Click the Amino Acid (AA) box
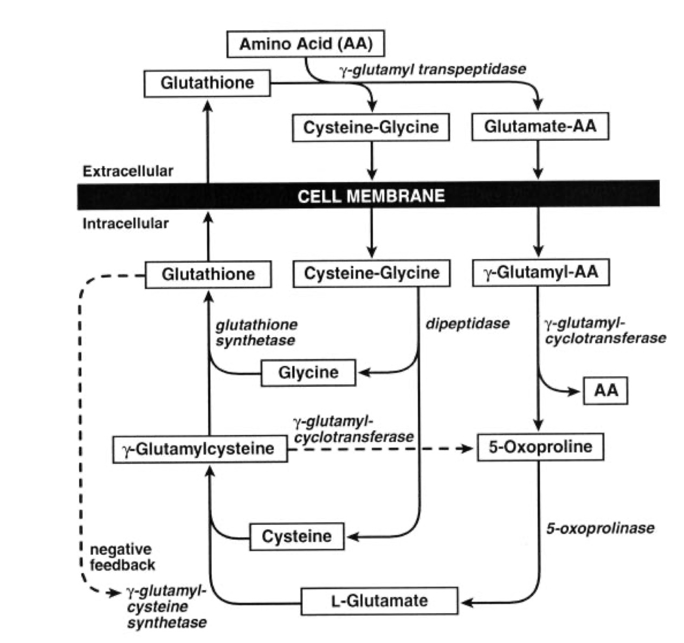(x=305, y=44)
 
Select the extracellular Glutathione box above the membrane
(x=207, y=83)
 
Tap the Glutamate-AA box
(x=540, y=127)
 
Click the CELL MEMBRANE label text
(x=371, y=195)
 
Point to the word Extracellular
(x=128, y=171)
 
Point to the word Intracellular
(x=126, y=223)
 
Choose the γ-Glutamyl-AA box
(x=540, y=272)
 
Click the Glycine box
(x=308, y=372)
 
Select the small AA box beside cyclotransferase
(x=605, y=390)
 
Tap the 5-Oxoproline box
(x=540, y=447)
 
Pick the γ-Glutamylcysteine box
(x=200, y=449)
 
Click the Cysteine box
(x=296, y=536)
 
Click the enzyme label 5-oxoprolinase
(x=600, y=528)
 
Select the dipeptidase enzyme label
(x=467, y=324)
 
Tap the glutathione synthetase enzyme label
(x=256, y=332)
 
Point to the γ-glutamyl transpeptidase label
(x=433, y=69)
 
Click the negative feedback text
(x=121, y=557)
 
